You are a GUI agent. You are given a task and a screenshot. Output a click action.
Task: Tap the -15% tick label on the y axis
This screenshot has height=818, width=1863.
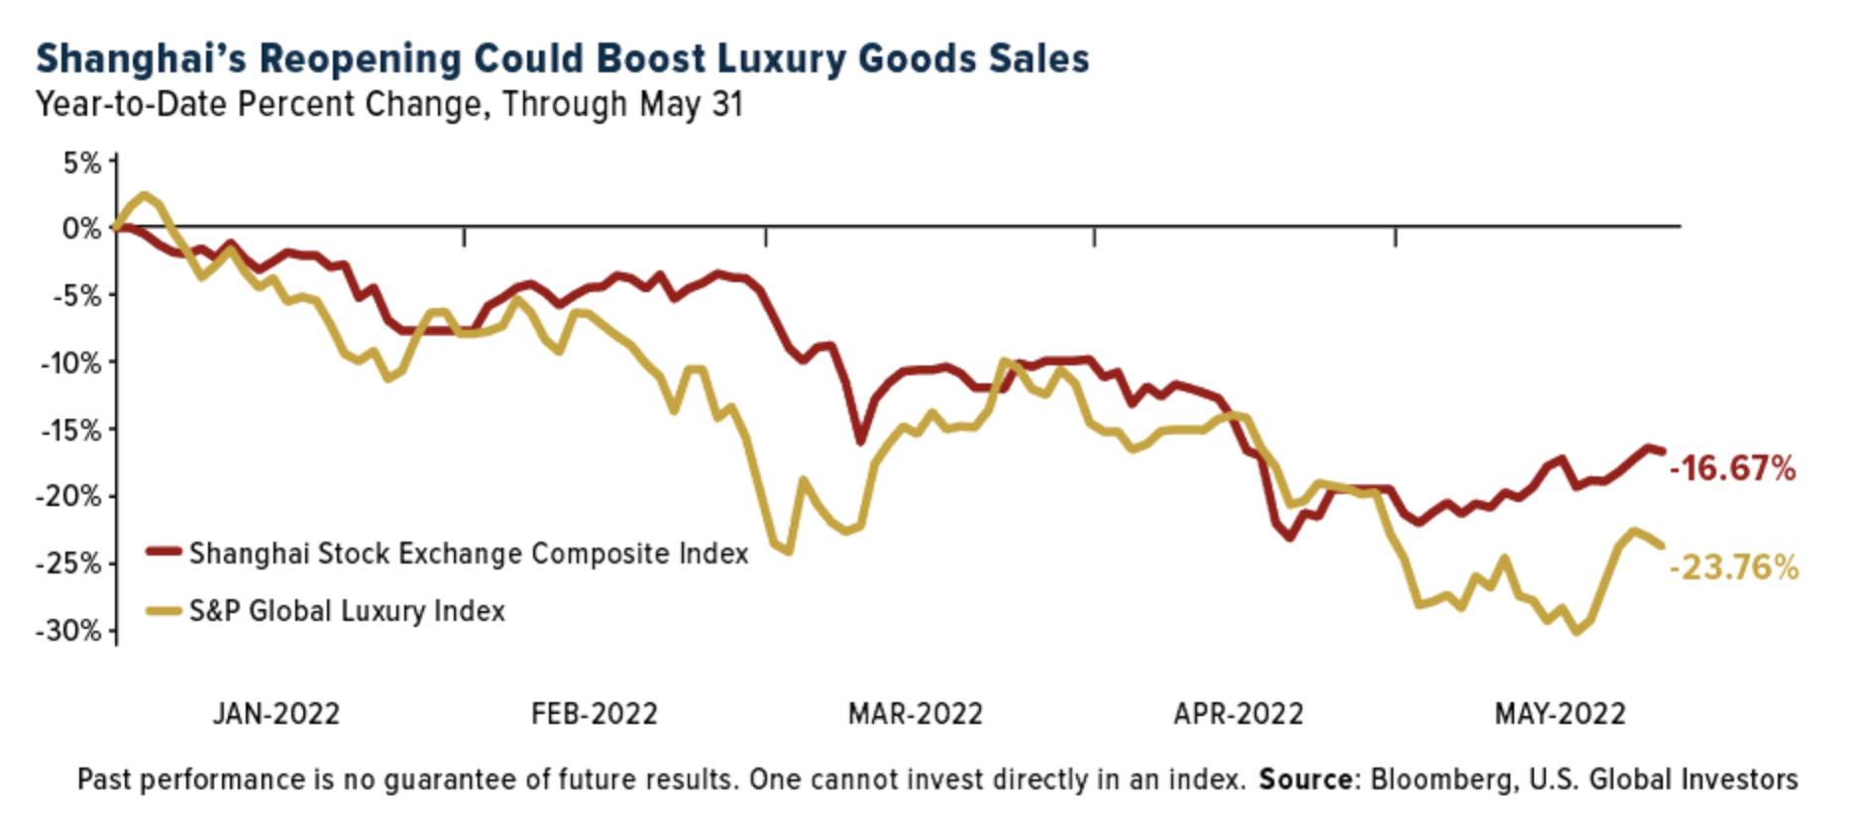[70, 430]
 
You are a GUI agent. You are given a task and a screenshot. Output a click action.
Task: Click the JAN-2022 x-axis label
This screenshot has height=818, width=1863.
[276, 714]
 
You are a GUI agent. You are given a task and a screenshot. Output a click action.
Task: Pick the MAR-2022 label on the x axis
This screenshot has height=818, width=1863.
[916, 714]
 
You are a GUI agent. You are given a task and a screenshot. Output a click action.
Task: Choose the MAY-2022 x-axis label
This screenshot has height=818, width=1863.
[1560, 714]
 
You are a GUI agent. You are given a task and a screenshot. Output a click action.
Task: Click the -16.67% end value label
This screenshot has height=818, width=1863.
[1732, 468]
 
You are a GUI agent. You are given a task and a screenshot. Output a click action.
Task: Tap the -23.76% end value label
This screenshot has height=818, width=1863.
[1733, 567]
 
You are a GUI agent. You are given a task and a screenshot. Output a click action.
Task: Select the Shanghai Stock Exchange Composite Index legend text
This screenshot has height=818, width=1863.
[469, 554]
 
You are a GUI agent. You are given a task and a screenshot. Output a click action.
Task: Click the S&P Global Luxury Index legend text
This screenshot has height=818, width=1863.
[347, 611]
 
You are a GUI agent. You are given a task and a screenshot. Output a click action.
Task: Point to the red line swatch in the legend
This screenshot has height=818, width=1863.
[164, 553]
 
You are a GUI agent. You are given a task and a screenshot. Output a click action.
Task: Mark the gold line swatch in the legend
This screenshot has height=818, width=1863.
[164, 611]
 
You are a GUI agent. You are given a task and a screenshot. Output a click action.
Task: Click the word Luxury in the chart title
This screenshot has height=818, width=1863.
[782, 59]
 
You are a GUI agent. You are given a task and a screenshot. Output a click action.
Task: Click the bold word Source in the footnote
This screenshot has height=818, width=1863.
[1305, 780]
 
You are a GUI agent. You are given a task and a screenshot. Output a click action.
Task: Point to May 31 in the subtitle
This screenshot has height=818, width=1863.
[691, 105]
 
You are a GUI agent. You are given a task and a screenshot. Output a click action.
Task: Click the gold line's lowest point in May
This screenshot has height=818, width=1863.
[1576, 632]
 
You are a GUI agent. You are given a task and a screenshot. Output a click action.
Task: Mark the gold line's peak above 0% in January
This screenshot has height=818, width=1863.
[145, 195]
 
